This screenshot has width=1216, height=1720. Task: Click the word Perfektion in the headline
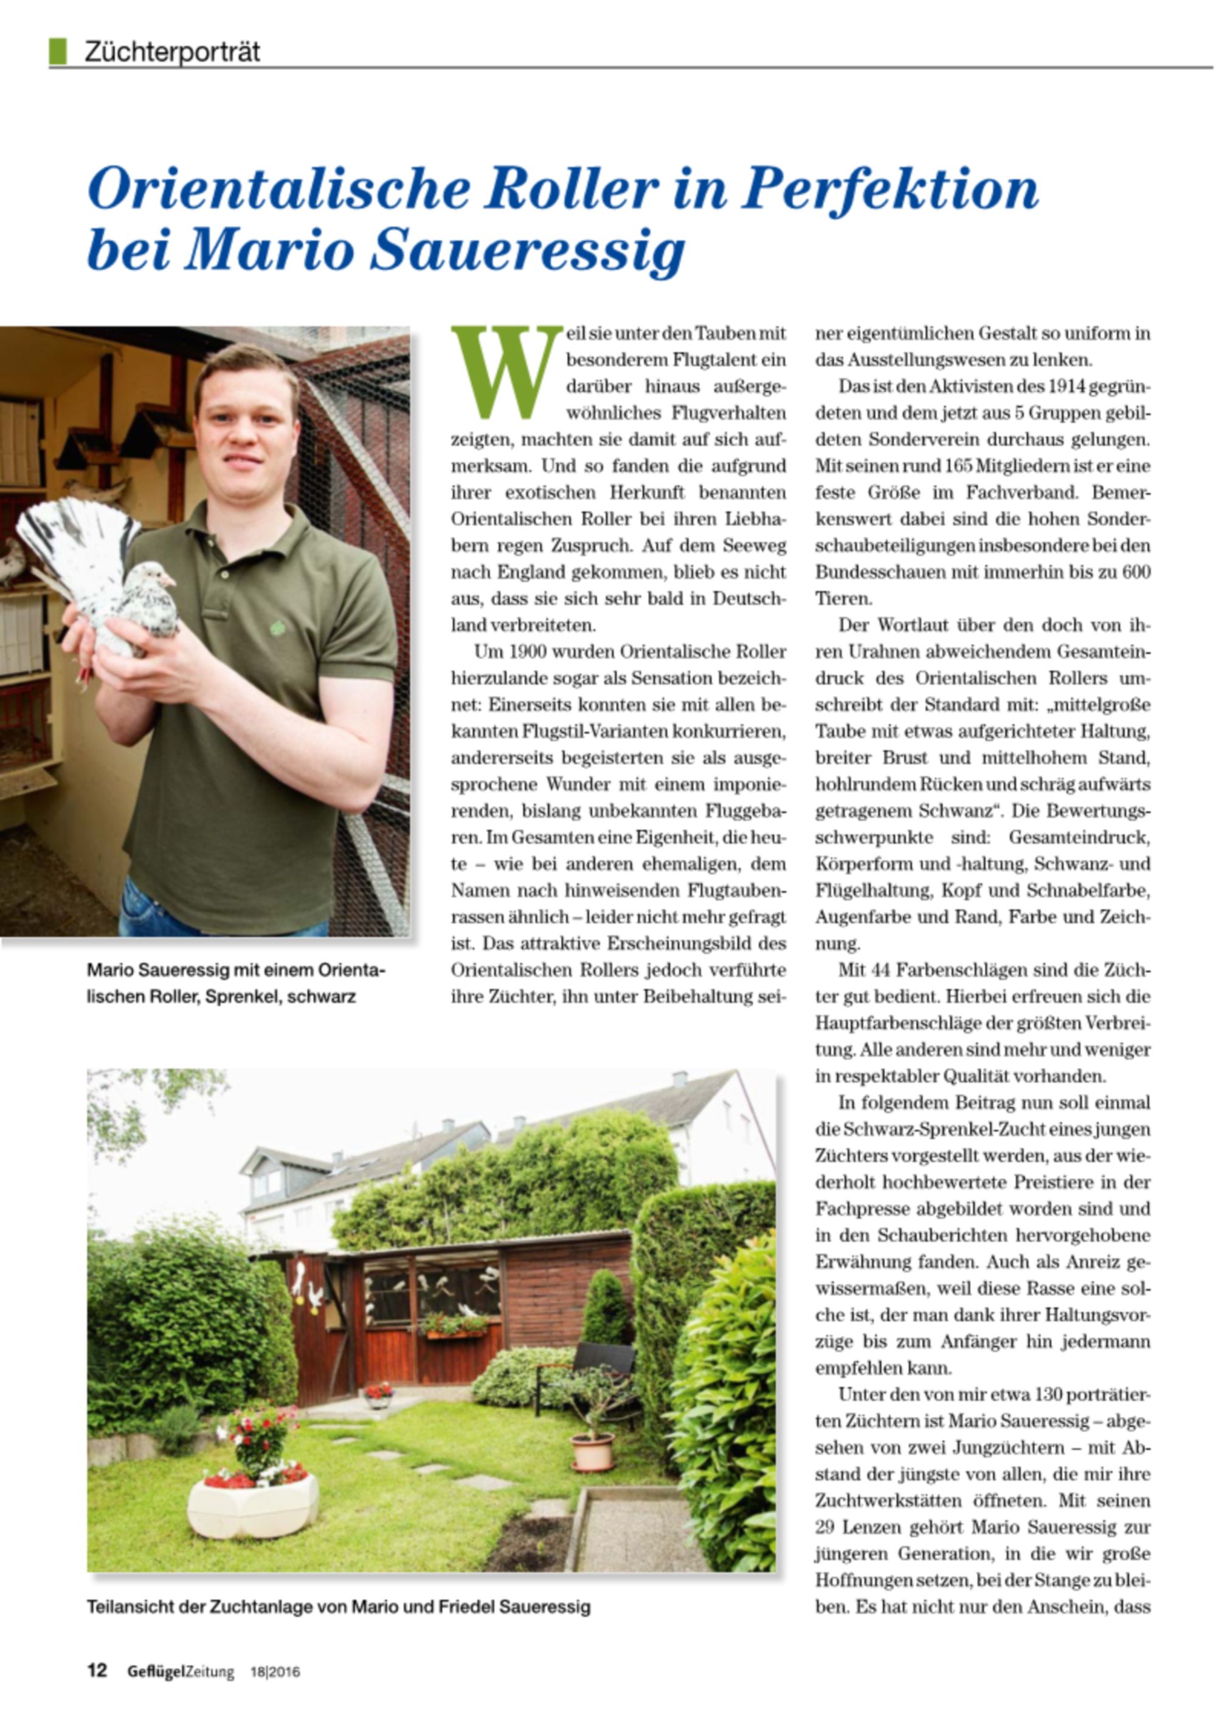pos(890,190)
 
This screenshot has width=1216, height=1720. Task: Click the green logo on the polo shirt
pos(277,626)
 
